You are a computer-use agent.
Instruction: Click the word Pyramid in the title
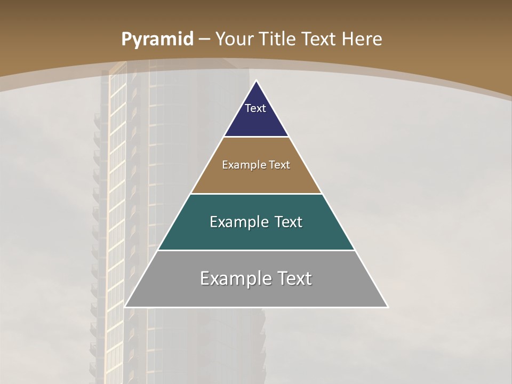(x=157, y=39)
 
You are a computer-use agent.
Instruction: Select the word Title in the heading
(x=278, y=39)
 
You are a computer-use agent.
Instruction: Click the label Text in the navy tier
(x=255, y=108)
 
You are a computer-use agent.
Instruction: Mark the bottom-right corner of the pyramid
(x=387, y=307)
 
